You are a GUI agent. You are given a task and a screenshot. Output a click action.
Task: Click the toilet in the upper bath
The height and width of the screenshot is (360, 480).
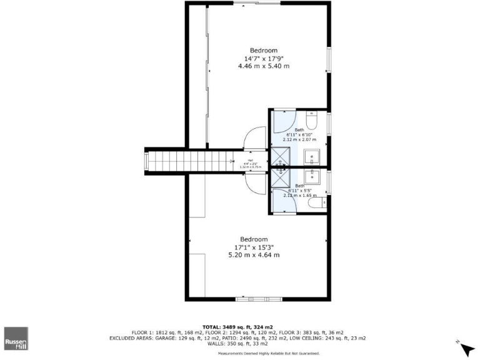click(316, 119)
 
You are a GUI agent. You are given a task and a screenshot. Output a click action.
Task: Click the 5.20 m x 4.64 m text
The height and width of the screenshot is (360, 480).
click(254, 254)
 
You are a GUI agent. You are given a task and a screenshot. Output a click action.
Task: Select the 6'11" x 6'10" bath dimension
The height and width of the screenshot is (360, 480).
click(301, 134)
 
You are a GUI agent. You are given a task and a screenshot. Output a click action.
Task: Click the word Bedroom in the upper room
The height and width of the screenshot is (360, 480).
click(264, 50)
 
